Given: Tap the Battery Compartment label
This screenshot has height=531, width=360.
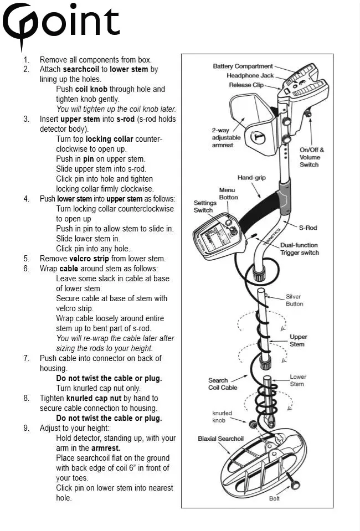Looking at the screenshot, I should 243,66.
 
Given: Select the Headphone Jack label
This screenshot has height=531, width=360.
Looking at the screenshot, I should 250,75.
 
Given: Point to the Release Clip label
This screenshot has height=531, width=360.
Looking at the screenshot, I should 246,85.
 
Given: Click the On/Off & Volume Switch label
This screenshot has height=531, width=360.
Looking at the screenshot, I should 311,157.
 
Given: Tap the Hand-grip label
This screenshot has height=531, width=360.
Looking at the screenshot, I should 252,178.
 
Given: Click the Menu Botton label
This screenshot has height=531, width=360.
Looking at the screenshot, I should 228,194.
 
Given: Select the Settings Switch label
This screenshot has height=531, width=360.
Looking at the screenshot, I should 203,206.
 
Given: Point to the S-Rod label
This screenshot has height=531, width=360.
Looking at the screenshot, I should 308,227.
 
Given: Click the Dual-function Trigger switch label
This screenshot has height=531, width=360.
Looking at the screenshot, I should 299,249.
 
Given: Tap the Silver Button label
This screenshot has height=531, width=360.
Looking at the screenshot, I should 294,300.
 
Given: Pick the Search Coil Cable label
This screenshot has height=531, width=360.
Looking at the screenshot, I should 223,384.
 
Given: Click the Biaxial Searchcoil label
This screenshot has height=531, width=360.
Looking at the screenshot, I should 220,439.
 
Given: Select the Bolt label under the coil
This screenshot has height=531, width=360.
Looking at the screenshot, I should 275,498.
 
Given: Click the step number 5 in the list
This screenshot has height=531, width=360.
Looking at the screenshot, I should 26,259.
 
